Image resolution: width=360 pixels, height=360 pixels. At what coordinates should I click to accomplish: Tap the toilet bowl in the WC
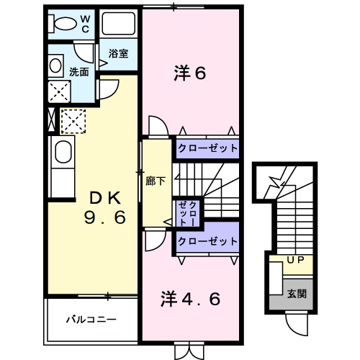pyautogui.click(x=63, y=23)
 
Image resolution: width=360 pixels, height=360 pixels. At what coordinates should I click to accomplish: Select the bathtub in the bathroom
pyautogui.click(x=119, y=24)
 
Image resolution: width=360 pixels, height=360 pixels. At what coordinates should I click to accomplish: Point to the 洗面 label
pyautogui.click(x=78, y=72)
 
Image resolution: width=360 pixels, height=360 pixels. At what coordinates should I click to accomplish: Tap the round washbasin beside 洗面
pyautogui.click(x=56, y=67)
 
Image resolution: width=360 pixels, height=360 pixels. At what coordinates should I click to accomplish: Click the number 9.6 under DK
pyautogui.click(x=108, y=216)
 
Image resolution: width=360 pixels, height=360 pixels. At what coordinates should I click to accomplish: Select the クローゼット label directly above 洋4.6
pyautogui.click(x=207, y=241)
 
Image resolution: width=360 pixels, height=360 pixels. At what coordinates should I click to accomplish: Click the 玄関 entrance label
pyautogui.click(x=296, y=293)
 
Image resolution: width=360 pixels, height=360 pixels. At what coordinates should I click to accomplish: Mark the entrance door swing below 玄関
pyautogui.click(x=296, y=323)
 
